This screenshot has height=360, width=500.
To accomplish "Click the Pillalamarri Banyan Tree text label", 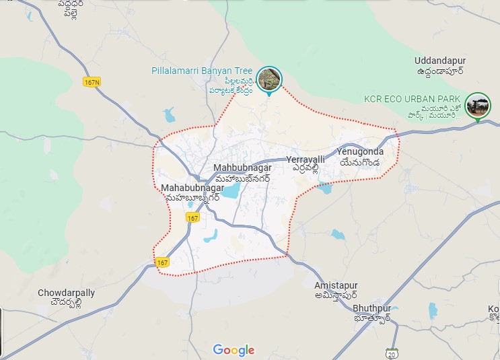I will click(x=203, y=71).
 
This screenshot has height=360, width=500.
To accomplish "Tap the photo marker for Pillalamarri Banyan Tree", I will click(x=269, y=79).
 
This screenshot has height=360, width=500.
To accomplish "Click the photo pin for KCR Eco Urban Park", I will click(x=478, y=106).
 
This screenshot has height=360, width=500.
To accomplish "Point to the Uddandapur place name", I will click(x=441, y=61).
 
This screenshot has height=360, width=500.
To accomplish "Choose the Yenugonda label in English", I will click(x=361, y=151).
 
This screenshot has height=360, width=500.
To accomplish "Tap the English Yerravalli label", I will click(x=306, y=159).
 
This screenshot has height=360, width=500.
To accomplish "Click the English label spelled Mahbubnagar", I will click(x=242, y=167).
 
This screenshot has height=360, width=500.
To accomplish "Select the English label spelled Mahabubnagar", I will click(x=192, y=188).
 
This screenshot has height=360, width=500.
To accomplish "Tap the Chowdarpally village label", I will click(x=66, y=293).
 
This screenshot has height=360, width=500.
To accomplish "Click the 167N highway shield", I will click(x=92, y=82).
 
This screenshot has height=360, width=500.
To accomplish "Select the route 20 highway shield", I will click(x=392, y=353).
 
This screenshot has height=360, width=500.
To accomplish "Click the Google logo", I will click(x=234, y=350).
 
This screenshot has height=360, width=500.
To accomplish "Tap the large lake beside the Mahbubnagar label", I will click(x=231, y=192).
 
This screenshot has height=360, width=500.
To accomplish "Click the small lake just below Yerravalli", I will click(x=325, y=188).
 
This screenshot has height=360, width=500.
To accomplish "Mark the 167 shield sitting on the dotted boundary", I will click(x=162, y=262).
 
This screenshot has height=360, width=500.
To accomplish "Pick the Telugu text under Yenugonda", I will click(x=360, y=162).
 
